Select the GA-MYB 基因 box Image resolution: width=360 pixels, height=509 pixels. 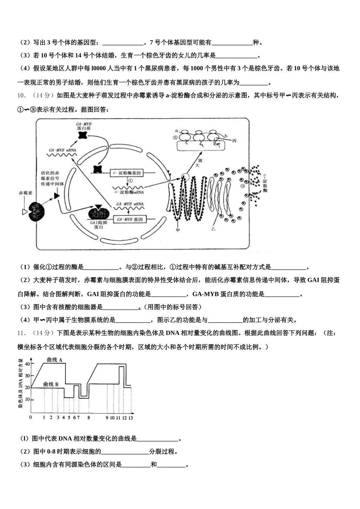130,219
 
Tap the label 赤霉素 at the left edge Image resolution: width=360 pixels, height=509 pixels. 26,193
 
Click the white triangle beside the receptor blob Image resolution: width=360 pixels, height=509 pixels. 25,212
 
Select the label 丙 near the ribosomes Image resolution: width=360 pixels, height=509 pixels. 234,141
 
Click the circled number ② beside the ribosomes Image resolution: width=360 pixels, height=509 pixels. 175,137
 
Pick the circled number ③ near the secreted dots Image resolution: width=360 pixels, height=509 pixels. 243,186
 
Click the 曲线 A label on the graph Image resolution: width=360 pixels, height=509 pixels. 55,360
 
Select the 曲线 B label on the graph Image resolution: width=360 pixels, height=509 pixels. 51,384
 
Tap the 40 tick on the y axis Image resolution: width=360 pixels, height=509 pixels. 27,364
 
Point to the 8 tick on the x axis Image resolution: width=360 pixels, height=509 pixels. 88,417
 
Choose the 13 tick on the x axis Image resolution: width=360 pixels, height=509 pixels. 130,417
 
